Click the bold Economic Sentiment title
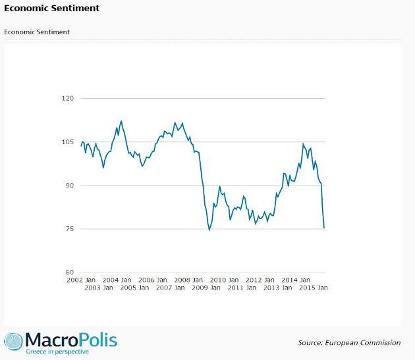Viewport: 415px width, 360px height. pyautogui.click(x=52, y=9)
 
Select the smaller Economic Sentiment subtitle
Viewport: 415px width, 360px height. pyautogui.click(x=37, y=32)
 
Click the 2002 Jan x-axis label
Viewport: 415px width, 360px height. pyautogui.click(x=82, y=280)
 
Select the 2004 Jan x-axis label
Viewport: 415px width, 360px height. pyautogui.click(x=117, y=280)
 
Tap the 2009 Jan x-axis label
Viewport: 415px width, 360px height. pyautogui.click(x=206, y=288)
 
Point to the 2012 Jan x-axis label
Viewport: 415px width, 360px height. pyautogui.click(x=260, y=280)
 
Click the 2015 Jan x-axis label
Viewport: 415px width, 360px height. pyautogui.click(x=314, y=288)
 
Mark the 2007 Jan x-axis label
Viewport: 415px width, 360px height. pyautogui.click(x=171, y=288)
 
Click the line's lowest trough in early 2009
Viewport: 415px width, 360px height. pyautogui.click(x=209, y=230)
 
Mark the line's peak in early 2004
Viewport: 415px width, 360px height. pyautogui.click(x=121, y=121)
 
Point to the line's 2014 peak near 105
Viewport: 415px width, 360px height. pyautogui.click(x=303, y=143)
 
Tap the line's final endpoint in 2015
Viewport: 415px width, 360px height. pyautogui.click(x=324, y=228)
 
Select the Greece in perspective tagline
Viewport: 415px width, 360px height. pyautogui.click(x=57, y=352)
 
